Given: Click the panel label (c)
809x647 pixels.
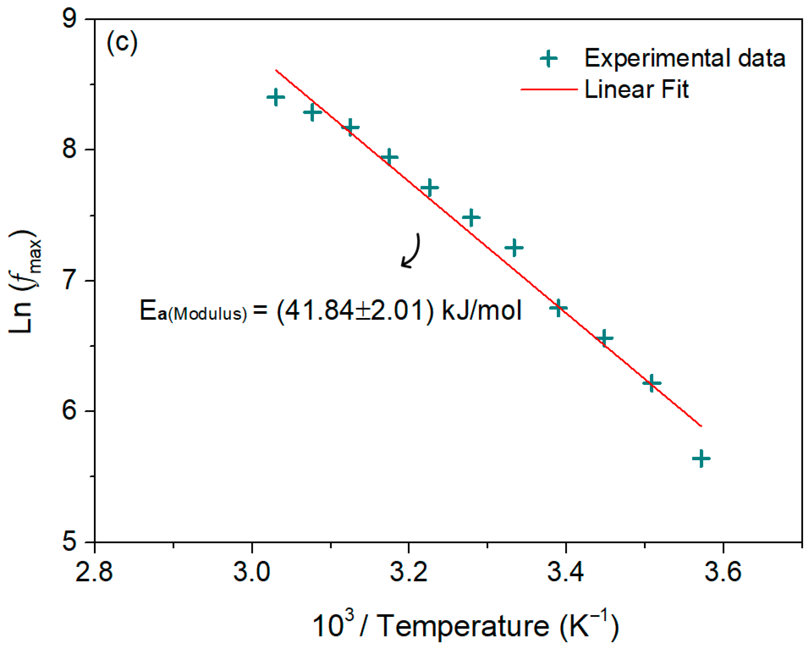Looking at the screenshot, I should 122,43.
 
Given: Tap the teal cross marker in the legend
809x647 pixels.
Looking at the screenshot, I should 548,58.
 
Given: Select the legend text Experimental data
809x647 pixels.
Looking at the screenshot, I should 684,58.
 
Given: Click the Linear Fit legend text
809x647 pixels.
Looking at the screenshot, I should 637,89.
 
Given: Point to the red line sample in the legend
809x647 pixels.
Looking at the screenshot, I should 549,89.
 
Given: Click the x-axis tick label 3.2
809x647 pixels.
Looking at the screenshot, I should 408,572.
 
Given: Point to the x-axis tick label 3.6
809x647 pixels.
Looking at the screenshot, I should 723,572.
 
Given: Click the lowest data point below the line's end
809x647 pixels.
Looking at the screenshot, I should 701,459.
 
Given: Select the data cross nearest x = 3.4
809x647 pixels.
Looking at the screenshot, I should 558,308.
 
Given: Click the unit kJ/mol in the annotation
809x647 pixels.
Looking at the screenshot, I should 482,311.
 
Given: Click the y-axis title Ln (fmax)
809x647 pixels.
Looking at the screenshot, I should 26,281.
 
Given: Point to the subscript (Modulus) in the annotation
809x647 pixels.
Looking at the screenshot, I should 208,314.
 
